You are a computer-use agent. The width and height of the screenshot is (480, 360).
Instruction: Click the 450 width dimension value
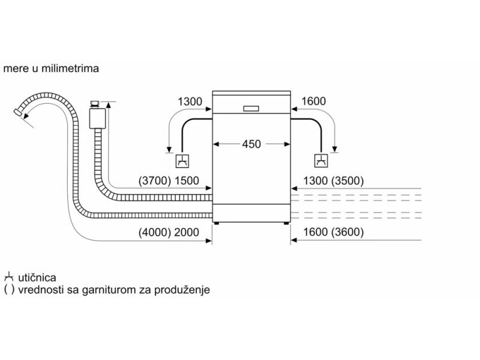coord(251,144)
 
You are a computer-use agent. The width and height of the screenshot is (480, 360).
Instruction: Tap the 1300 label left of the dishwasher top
coord(190,101)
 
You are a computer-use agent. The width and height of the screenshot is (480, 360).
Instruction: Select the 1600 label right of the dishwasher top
coord(313,101)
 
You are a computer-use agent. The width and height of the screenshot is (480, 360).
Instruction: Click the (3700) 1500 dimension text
coord(169,181)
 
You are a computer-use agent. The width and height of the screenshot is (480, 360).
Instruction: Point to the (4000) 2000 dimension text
coord(169,232)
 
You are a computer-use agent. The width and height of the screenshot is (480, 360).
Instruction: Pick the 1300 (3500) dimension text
coord(334,181)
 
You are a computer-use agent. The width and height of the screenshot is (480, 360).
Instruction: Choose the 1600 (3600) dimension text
coord(334,232)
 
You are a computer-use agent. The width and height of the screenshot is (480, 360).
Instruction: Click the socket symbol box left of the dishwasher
coord(182,161)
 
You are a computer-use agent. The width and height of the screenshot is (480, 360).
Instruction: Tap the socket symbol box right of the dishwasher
coord(321,161)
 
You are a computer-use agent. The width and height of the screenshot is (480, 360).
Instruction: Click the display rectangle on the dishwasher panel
coord(251,109)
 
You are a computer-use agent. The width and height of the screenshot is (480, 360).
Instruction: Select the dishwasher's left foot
coord(217,223)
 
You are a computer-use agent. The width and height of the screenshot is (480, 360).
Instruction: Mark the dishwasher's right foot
coord(286,223)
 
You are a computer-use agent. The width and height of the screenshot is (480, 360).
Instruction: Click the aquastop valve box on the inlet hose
coord(97,118)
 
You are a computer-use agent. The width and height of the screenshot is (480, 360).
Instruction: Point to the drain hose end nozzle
coord(17,112)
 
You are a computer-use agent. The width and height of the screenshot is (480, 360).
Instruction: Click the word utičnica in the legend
coord(37,278)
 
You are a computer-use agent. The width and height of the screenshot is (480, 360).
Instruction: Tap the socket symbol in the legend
coord(8,277)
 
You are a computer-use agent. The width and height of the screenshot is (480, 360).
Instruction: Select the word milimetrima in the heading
coord(70,68)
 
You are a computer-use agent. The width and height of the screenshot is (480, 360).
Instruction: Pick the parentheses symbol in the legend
coord(9,290)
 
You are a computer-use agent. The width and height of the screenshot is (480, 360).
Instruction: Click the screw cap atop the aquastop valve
coord(95,104)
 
